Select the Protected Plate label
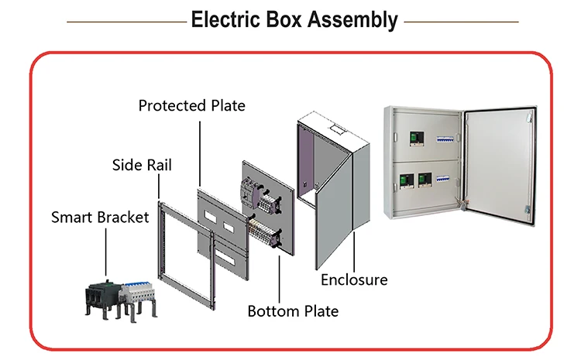[x=191, y=105]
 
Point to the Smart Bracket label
[x=100, y=217]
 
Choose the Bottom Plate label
[x=293, y=311]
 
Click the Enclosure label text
[x=354, y=279]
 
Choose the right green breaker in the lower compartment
[x=424, y=181]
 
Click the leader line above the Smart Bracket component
[x=105, y=249]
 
